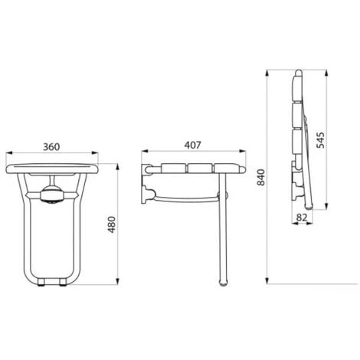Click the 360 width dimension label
point(51,147)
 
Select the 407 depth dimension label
point(193,145)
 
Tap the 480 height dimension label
point(112,224)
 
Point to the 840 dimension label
point(261,177)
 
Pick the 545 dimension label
point(320,140)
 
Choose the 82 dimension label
point(302,218)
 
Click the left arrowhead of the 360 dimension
point(9,153)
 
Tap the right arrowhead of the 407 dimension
point(242,151)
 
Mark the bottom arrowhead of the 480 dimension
point(117,281)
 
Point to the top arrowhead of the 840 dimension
point(267,73)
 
